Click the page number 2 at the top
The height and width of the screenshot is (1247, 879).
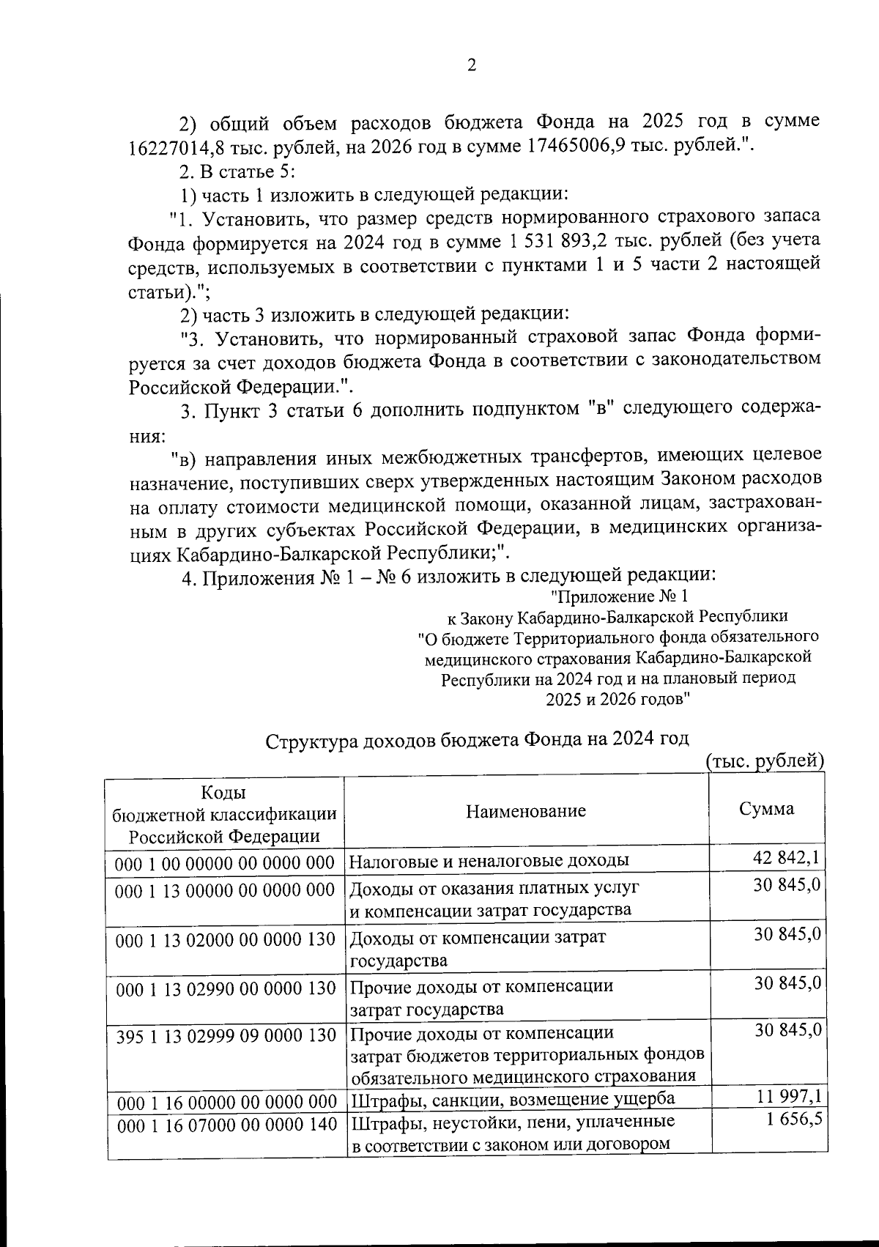point(472,66)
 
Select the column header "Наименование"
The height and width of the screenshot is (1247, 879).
point(525,810)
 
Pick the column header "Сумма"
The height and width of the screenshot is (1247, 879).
point(765,809)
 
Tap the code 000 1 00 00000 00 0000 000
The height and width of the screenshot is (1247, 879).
point(225,862)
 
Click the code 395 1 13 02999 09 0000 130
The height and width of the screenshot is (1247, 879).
point(225,1035)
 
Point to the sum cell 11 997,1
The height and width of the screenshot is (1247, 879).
point(787,1097)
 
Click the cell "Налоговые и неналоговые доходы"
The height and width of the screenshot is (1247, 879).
point(489,861)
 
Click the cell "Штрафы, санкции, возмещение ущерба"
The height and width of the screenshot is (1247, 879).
point(513,1100)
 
